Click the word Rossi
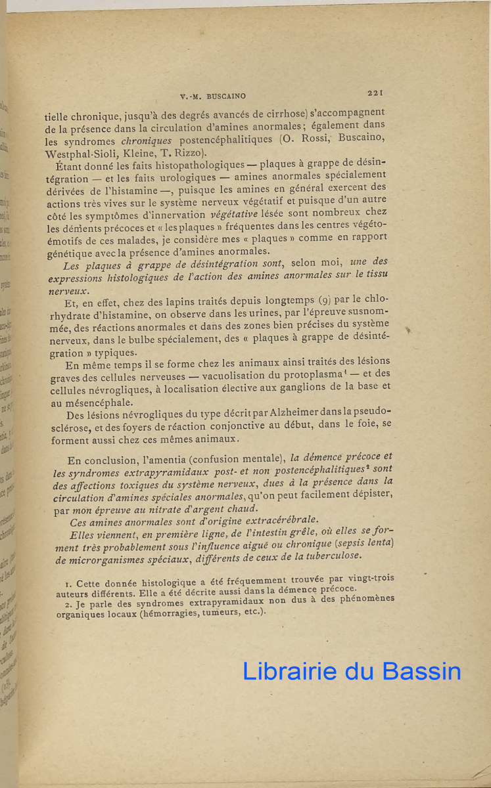coord(302,140)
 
